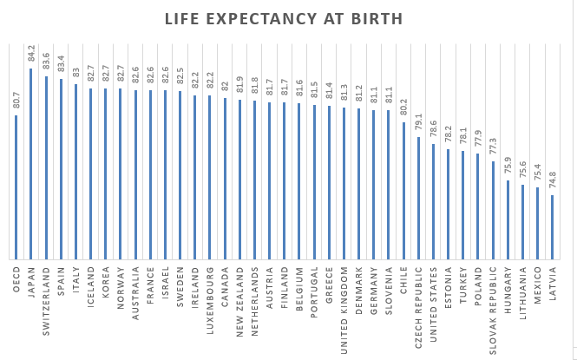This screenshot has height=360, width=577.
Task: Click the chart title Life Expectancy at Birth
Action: coord(284,19)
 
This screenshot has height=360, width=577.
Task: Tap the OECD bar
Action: coord(16,187)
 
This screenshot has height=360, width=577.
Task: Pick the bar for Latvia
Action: coord(552,226)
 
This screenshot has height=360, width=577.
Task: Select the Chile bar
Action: coord(403,190)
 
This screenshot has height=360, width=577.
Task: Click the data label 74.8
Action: coord(553,184)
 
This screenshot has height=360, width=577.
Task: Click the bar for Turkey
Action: coord(462,205)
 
